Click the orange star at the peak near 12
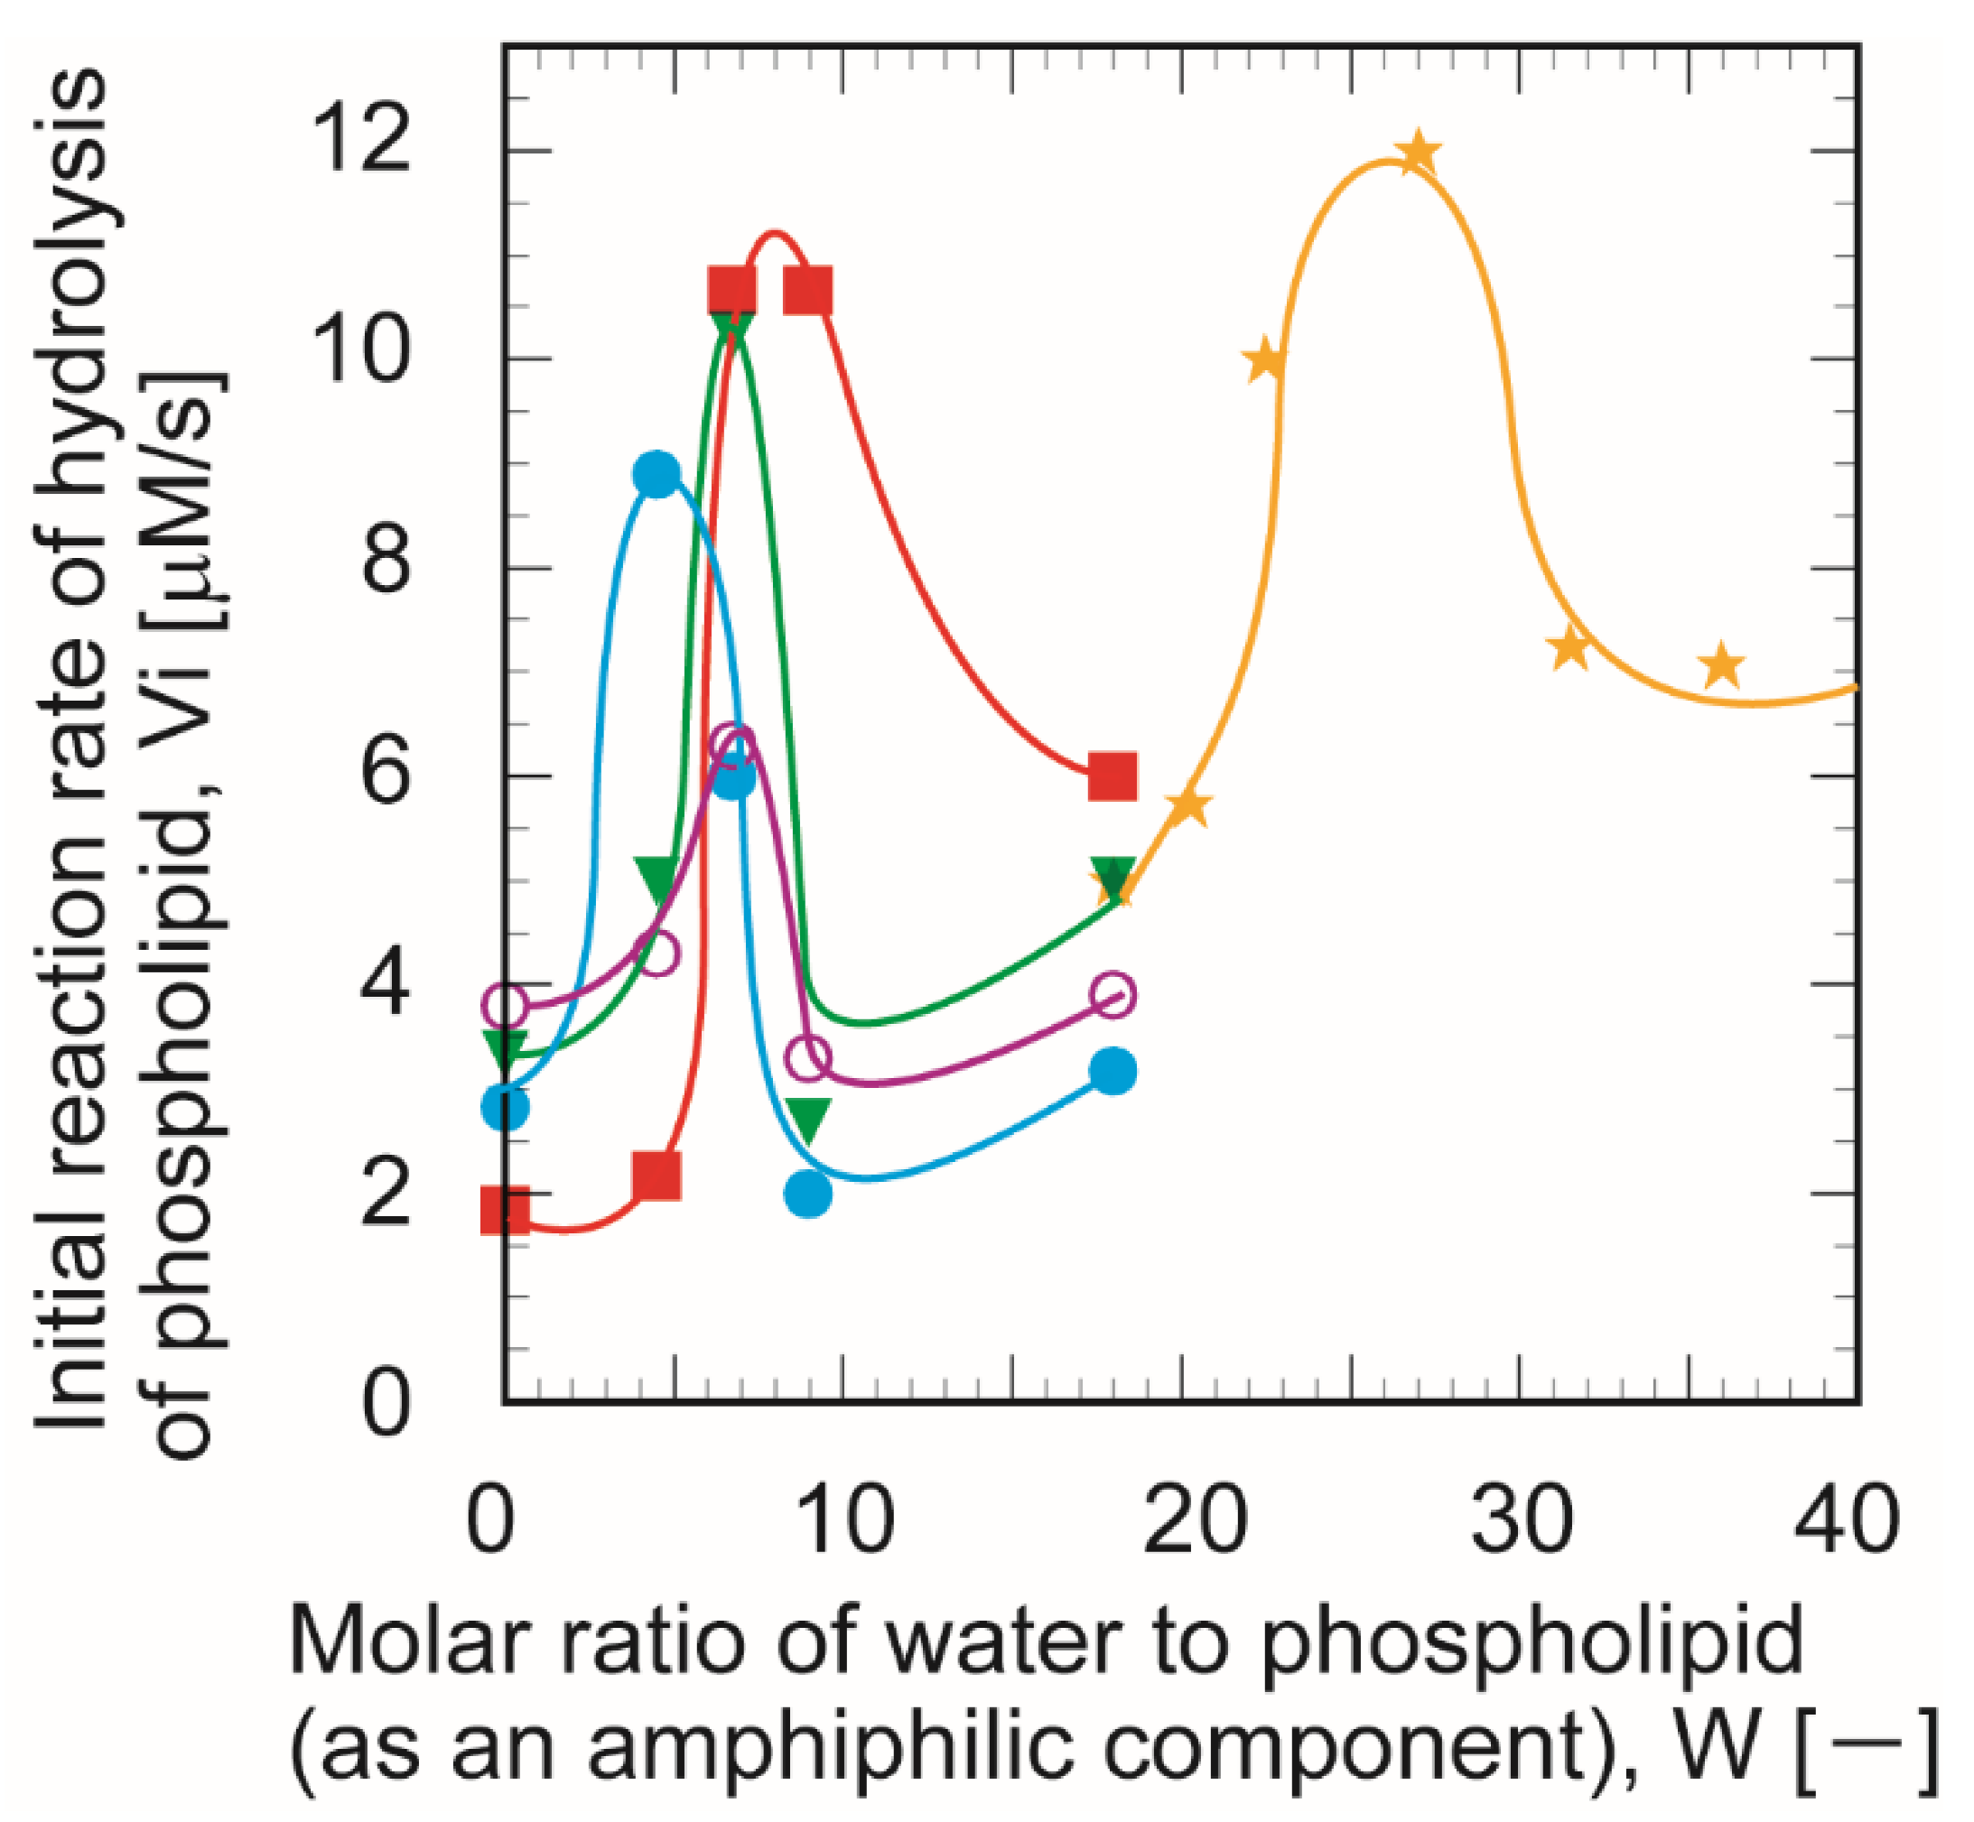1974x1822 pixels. (x=1418, y=153)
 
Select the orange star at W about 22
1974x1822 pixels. (x=1267, y=361)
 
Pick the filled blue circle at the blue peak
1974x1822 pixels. (x=656, y=474)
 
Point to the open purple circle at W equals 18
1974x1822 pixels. (x=1114, y=993)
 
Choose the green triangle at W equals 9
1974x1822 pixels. (x=808, y=1118)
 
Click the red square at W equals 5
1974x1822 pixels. (x=656, y=1176)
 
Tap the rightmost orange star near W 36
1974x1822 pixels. (x=1721, y=665)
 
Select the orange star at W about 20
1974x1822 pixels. (x=1189, y=805)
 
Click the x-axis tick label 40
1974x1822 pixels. (x=1846, y=1519)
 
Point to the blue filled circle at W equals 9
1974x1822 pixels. (x=808, y=1193)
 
